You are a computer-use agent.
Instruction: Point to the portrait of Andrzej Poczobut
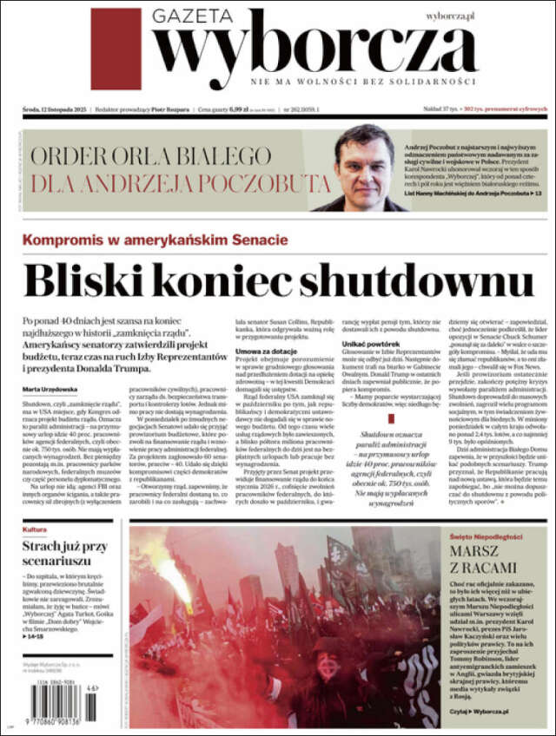click(x=364, y=169)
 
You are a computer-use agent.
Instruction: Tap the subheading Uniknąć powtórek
click(x=368, y=345)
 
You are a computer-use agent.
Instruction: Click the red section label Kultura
click(x=35, y=529)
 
